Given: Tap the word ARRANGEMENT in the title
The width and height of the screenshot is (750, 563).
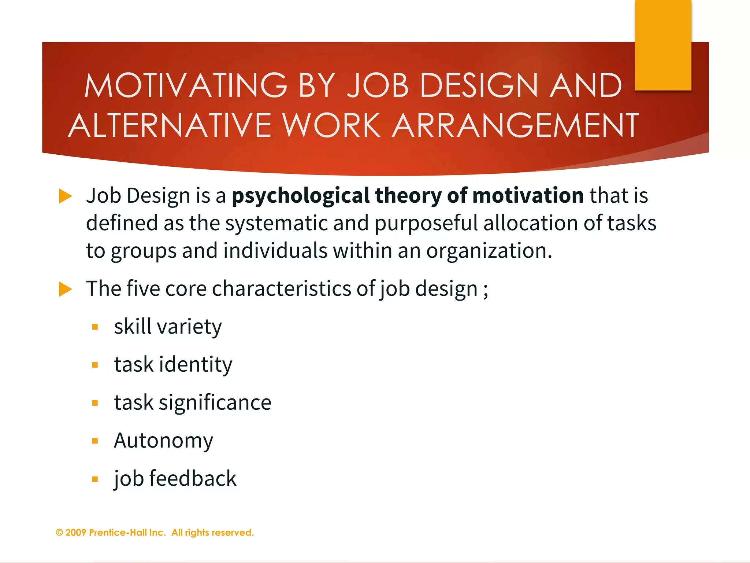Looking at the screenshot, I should pos(515,125).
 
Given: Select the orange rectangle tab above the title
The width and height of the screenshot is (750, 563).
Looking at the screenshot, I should pos(663,45).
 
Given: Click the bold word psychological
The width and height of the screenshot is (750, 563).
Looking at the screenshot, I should pos(301,196).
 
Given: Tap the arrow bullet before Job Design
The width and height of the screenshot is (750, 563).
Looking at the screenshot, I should pos(65,196).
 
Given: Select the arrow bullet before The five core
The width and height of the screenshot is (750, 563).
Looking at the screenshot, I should pos(65,289).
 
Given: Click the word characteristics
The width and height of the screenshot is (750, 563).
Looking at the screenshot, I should pos(281,289).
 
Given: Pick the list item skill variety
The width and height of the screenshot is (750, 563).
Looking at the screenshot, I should pos(168,327).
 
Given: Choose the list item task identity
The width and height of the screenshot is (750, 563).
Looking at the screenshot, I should pos(173,365).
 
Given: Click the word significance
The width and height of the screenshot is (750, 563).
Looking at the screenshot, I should pos(215,403).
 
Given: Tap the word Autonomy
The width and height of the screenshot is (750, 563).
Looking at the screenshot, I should pos(163,441).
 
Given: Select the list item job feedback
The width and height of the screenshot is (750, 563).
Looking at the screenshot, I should pos(175,479).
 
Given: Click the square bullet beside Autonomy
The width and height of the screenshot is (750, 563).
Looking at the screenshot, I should pos(95,441).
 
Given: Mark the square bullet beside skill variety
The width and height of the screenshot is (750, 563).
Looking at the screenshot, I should pos(95,327).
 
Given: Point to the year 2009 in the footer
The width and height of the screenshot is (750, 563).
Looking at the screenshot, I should pos(76,533).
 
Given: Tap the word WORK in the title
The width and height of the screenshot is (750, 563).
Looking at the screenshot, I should pos(331,125).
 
